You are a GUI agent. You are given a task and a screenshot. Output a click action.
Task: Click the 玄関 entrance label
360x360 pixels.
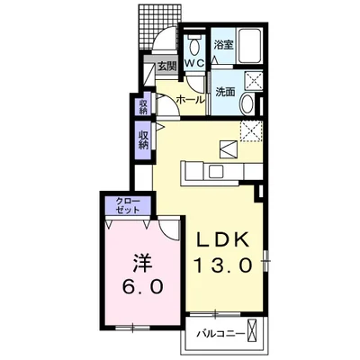pyautogui.click(x=166, y=67)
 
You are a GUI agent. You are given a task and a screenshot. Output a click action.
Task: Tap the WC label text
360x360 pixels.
pyautogui.click(x=194, y=63)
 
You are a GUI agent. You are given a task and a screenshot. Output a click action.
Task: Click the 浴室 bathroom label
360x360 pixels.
pyautogui.click(x=223, y=45)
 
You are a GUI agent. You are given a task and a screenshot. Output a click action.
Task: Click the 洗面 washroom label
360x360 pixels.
pyautogui.click(x=225, y=92)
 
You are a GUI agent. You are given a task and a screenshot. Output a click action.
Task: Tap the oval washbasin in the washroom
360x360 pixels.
pyautogui.click(x=247, y=103)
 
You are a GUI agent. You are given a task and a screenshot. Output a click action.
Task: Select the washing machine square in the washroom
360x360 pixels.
pyautogui.click(x=254, y=80)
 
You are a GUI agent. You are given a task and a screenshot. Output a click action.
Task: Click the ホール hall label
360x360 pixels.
pyautogui.click(x=191, y=100)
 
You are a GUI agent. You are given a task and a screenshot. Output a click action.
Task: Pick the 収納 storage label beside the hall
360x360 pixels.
pyautogui.click(x=143, y=107)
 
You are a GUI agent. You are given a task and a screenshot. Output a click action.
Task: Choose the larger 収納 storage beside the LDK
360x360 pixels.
pyautogui.click(x=143, y=140)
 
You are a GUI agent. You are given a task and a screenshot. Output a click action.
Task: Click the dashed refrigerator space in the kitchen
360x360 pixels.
pyautogui.click(x=251, y=130)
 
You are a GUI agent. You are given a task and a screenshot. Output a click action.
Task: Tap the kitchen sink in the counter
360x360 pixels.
pyautogui.click(x=217, y=172)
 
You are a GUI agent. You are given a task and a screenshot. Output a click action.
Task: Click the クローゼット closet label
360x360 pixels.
pyautogui.click(x=128, y=206)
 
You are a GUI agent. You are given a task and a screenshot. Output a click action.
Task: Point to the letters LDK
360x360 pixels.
pyautogui.click(x=223, y=239)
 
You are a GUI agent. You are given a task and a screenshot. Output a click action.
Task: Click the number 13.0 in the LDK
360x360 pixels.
pyautogui.click(x=223, y=265)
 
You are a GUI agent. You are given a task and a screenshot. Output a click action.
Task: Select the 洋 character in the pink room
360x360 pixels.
pyautogui.click(x=142, y=263)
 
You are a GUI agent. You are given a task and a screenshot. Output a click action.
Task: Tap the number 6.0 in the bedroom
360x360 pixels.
pyautogui.click(x=143, y=286)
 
